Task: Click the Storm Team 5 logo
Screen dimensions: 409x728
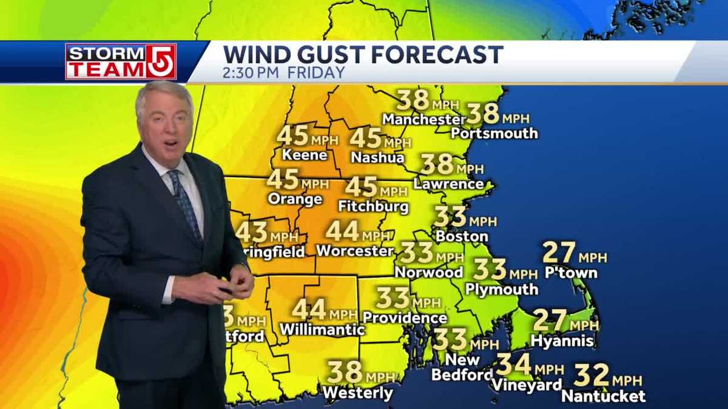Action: [x=121, y=61]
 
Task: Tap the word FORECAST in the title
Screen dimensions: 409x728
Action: [x=437, y=55]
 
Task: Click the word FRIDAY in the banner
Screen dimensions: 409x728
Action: [x=316, y=73]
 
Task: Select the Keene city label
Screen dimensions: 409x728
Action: [x=305, y=155]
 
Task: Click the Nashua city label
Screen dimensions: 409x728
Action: [x=377, y=157]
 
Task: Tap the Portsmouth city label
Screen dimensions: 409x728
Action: [x=494, y=133]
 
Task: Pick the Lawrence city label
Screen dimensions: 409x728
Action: [x=449, y=183]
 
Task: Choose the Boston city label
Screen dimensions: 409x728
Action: [x=462, y=236]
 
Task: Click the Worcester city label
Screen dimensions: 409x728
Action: [x=355, y=250]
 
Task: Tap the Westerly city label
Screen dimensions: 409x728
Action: [x=358, y=393]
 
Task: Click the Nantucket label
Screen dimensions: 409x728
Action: [x=604, y=396]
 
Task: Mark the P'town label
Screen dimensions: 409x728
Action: [x=571, y=273]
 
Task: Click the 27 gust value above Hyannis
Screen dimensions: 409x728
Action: [x=549, y=319]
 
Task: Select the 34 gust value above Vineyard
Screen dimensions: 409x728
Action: [x=513, y=364]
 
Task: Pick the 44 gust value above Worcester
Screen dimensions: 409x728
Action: [x=342, y=231]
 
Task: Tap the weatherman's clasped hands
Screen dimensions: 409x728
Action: [x=234, y=283]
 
